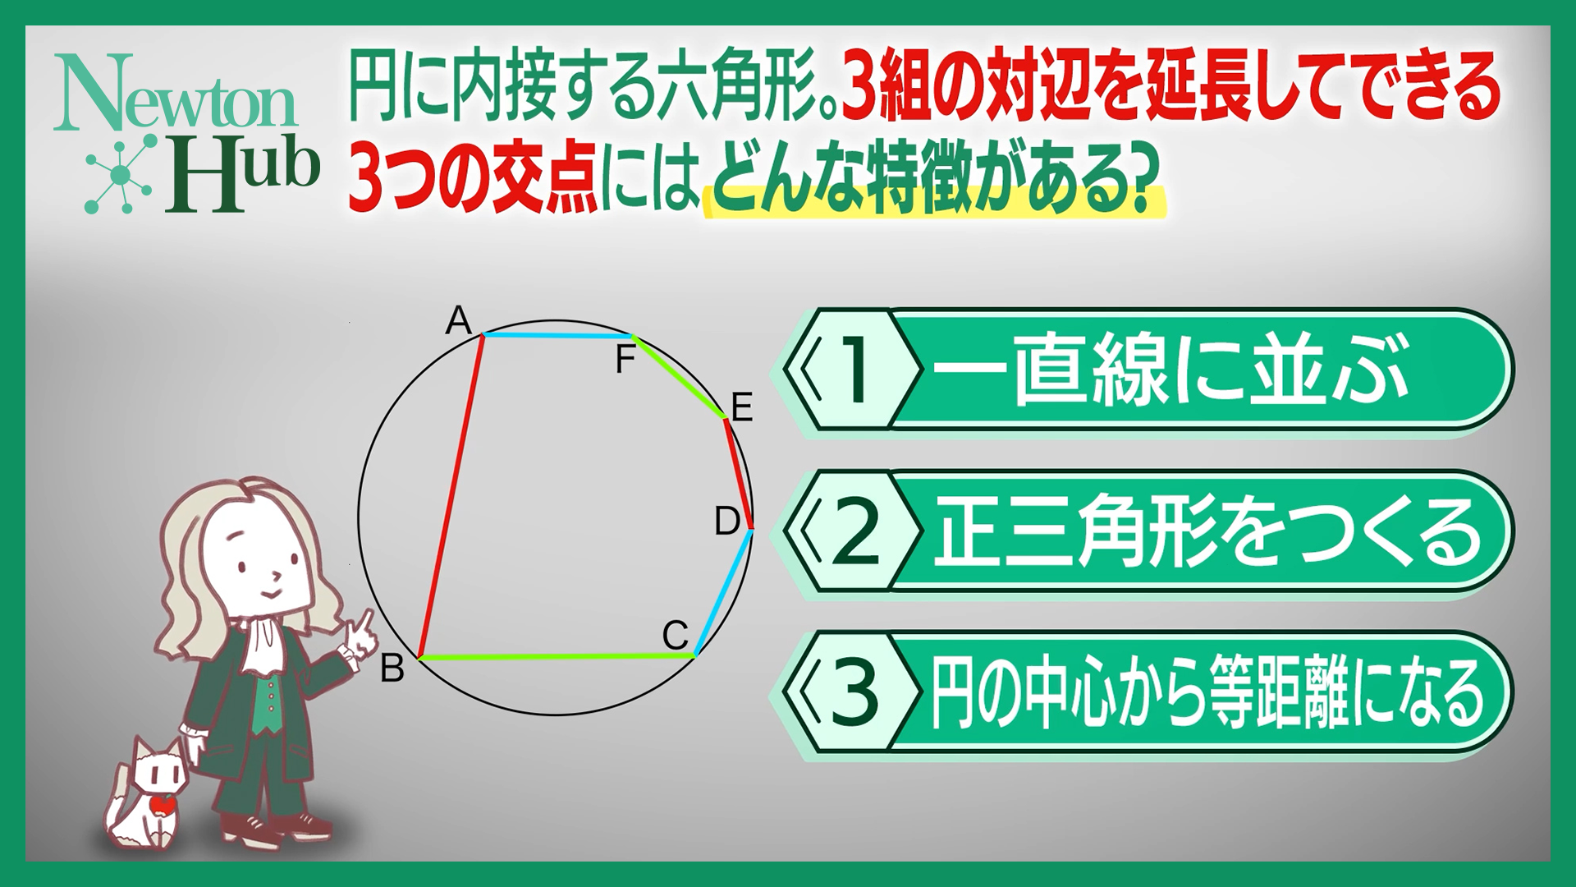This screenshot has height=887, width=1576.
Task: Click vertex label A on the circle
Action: click(458, 320)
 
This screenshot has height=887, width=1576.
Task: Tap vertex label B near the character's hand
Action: click(392, 669)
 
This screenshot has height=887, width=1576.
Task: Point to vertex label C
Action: click(675, 635)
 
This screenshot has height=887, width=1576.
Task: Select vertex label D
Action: click(727, 521)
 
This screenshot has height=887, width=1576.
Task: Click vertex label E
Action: click(742, 407)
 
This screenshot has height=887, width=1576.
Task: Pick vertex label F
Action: click(625, 360)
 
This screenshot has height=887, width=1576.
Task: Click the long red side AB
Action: click(451, 497)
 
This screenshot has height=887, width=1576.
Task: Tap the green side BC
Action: click(557, 657)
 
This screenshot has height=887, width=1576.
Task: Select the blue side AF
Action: click(557, 336)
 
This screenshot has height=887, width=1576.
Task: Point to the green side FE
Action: click(679, 377)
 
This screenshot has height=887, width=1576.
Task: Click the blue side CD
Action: click(724, 592)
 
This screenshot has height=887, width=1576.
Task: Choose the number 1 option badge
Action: click(851, 370)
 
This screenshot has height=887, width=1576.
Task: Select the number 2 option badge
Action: click(851, 531)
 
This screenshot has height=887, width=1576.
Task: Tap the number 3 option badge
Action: click(851, 692)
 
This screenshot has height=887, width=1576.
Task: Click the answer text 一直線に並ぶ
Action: click(1170, 370)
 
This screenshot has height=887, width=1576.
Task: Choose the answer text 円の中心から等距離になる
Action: click(1207, 693)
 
